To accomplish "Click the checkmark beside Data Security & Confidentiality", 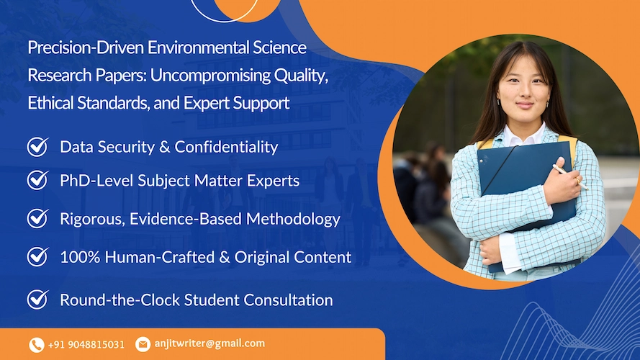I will [x=37, y=147].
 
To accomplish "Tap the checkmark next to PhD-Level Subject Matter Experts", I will [x=37, y=180].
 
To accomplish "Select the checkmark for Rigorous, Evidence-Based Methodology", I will [x=37, y=218].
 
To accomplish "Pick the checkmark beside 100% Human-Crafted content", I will [x=37, y=256].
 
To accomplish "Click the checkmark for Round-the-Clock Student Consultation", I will [x=37, y=300].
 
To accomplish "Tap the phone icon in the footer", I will [x=37, y=345].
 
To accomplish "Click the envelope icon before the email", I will [x=143, y=344].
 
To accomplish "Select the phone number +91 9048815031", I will [x=86, y=345].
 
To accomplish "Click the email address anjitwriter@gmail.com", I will [x=209, y=344].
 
